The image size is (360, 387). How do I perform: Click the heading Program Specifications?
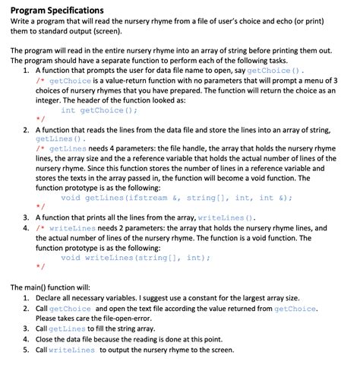tap(57, 10)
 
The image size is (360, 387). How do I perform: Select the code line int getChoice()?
tap(99, 109)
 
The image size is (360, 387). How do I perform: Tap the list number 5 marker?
tap(27, 350)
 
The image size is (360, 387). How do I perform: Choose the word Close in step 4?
tap(47, 339)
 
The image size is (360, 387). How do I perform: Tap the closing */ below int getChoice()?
tap(40, 119)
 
